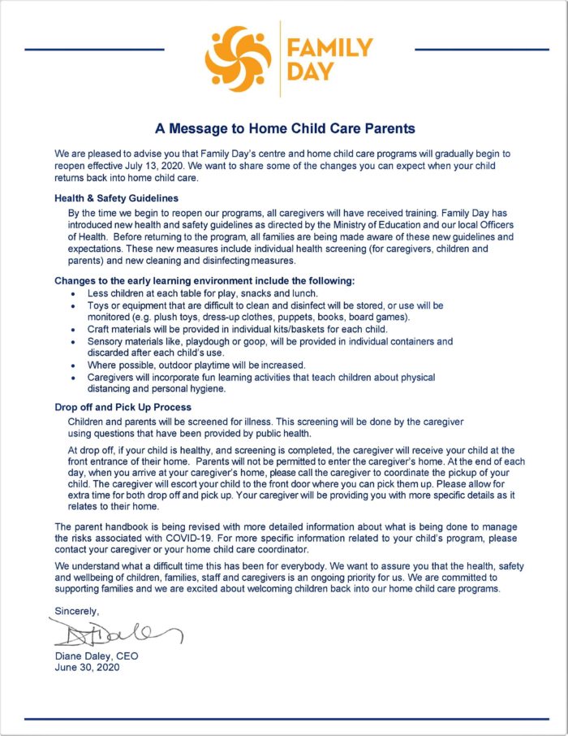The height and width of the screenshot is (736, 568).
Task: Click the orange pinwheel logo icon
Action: pos(238,56)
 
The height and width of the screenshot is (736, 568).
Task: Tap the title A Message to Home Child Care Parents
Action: pos(285,128)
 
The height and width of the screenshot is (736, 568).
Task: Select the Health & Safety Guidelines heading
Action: pos(116,197)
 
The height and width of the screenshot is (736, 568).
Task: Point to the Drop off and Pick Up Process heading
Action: pos(123,407)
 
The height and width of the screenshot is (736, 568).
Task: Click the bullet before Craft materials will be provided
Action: pos(75,330)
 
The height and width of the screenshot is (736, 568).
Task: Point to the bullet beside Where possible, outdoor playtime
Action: pos(75,366)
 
